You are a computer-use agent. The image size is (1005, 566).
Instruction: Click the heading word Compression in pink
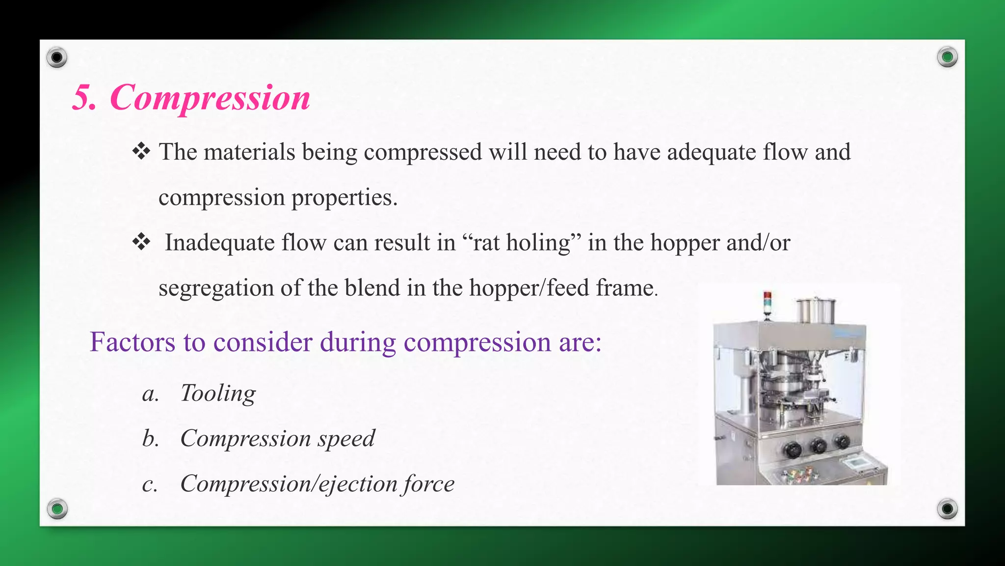(x=210, y=97)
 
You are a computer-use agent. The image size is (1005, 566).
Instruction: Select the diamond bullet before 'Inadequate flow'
(x=141, y=242)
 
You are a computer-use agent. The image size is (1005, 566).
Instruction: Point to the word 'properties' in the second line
(x=344, y=198)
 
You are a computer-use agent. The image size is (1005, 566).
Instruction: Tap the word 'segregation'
(x=216, y=288)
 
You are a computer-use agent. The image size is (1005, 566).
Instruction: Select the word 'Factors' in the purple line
(x=132, y=342)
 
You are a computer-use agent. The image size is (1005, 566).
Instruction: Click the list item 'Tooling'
(x=218, y=393)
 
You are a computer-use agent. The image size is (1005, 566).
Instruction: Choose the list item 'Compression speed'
(x=277, y=438)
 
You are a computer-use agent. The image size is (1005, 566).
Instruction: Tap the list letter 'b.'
(x=150, y=438)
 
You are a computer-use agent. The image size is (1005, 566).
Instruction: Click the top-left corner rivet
(x=57, y=57)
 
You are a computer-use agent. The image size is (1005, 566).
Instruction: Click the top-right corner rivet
(x=947, y=57)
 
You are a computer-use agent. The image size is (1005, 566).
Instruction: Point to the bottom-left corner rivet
(x=57, y=509)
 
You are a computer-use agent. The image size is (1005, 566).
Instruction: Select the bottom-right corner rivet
(x=947, y=509)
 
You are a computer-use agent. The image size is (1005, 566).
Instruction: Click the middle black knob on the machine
(x=818, y=446)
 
